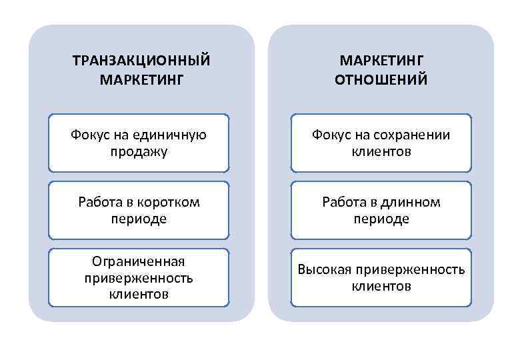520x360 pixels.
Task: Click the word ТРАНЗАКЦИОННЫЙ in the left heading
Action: click(x=141, y=61)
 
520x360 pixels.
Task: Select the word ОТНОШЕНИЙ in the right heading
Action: click(x=381, y=80)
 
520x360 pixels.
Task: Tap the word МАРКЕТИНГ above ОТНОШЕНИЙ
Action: click(x=381, y=61)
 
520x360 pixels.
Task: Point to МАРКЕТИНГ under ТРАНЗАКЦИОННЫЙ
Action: click(x=141, y=80)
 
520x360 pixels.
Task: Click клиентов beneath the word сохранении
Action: click(x=381, y=151)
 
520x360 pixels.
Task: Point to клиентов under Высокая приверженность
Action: click(x=381, y=287)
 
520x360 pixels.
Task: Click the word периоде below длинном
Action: click(x=381, y=219)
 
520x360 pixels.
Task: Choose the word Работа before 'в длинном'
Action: click(x=343, y=201)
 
